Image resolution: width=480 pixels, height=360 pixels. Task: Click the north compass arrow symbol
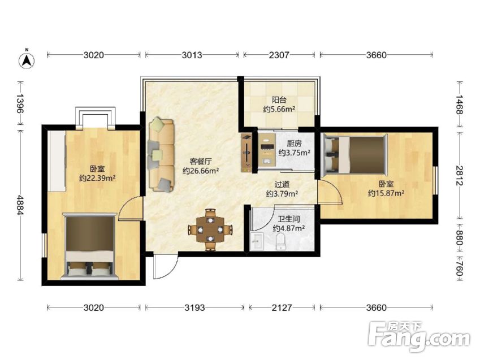27,60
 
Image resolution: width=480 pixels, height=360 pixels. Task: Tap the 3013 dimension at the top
192,55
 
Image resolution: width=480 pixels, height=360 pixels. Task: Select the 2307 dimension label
279,55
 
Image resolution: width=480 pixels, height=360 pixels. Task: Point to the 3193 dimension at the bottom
194,307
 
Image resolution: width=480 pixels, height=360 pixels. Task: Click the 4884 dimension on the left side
20,205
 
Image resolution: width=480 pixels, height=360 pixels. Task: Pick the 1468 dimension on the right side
460,105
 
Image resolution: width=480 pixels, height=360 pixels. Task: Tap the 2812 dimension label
460,175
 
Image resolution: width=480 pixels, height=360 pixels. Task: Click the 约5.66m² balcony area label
279,109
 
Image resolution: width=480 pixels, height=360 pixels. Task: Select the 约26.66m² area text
201,171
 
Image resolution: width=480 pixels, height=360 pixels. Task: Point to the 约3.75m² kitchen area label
294,153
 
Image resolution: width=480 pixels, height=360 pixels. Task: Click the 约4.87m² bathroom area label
288,228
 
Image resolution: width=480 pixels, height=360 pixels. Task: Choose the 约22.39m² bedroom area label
97,178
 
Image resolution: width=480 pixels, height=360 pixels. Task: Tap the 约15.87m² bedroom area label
386,193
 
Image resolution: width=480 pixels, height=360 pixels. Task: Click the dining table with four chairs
210,229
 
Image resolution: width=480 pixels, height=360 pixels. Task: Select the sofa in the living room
161,155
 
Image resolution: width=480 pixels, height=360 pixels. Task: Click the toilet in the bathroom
280,241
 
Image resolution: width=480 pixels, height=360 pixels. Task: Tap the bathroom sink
257,241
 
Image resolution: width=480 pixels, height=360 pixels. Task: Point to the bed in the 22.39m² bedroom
90,246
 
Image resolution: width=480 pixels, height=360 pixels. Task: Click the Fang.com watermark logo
419,336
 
